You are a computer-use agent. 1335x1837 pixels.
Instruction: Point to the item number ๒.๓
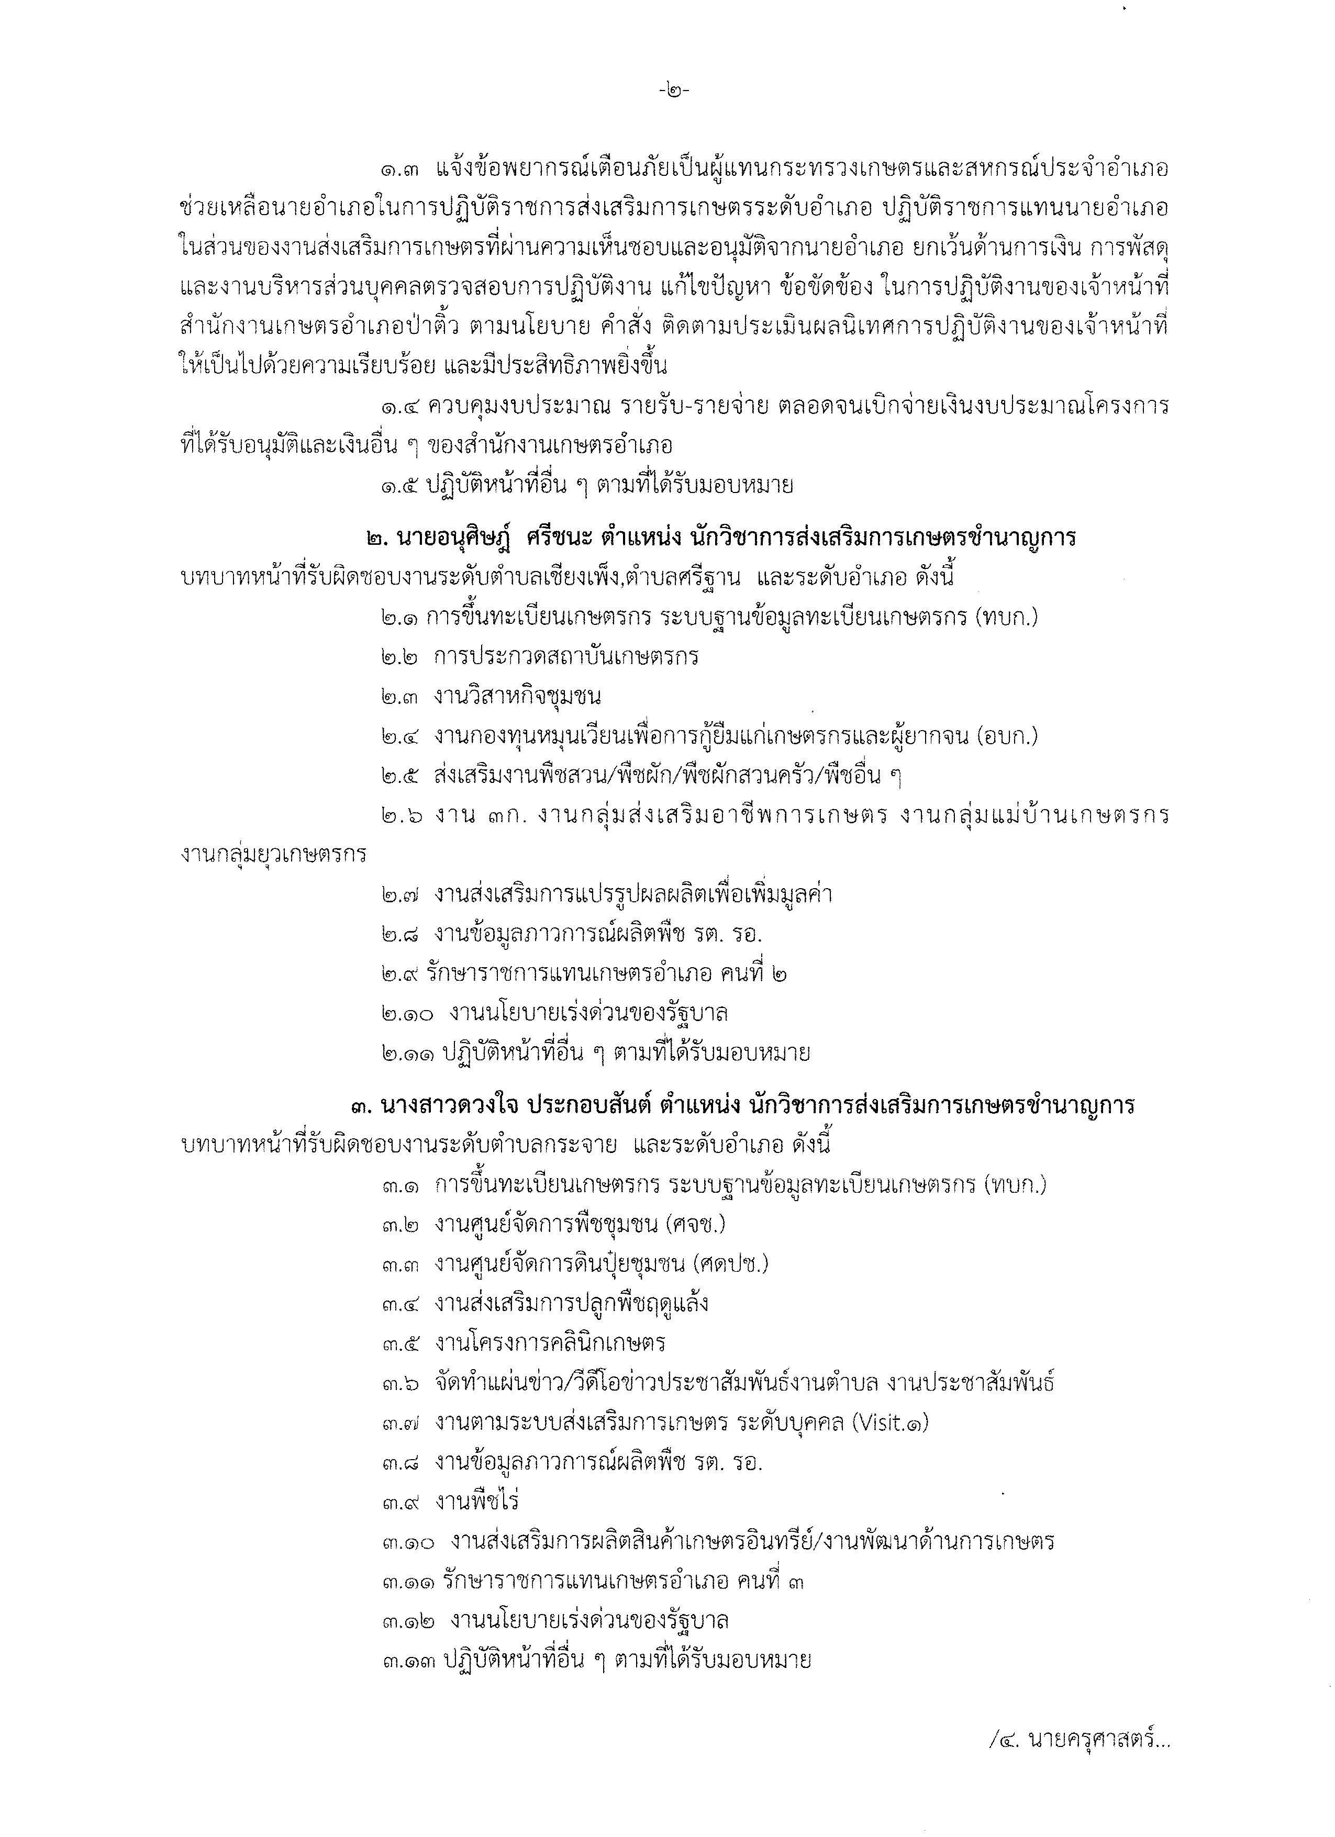tap(400, 697)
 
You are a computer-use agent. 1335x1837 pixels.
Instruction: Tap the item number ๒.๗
tap(400, 895)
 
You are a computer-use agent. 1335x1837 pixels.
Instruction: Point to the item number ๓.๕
tap(400, 1343)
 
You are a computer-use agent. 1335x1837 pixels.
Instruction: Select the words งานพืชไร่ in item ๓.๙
tap(477, 1502)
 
